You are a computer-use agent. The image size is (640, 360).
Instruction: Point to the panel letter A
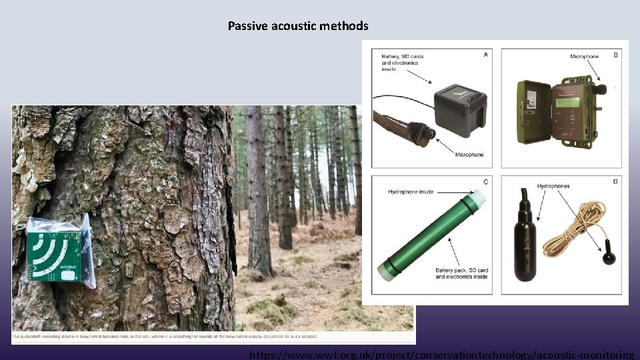(x=485, y=55)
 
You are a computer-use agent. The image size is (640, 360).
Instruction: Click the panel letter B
(x=615, y=55)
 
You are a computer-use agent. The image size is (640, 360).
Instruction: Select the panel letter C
(x=485, y=181)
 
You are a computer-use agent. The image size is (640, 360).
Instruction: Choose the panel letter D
(x=615, y=181)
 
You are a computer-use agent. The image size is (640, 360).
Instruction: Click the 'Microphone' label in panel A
(x=469, y=155)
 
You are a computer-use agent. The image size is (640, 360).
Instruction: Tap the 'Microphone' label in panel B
(x=584, y=57)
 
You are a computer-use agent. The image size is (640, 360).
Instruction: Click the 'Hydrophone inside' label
(x=411, y=192)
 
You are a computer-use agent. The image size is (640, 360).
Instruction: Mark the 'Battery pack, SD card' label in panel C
(x=461, y=271)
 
